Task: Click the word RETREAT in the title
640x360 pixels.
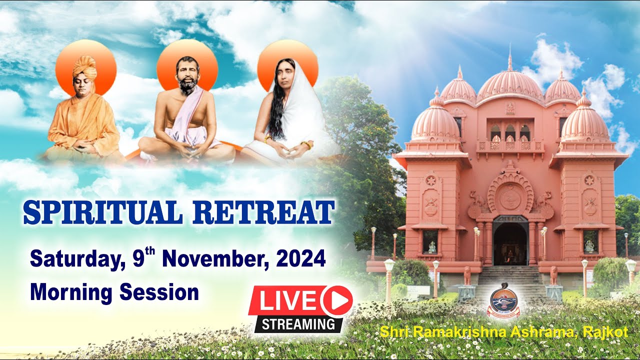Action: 263,212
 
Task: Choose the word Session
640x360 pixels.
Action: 159,291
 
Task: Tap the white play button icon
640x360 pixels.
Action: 337,301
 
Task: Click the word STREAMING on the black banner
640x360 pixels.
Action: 298,323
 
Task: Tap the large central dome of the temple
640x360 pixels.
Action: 509,86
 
